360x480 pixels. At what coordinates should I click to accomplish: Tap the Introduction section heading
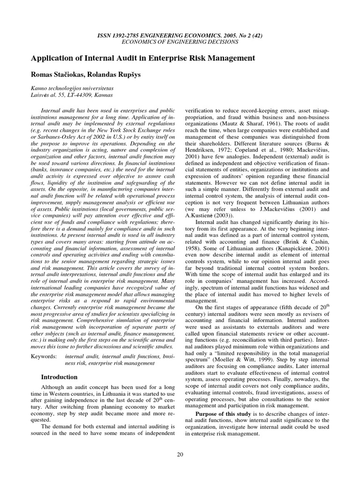(59, 377)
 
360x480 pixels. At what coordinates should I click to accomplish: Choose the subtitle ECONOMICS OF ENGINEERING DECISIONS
(180, 42)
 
